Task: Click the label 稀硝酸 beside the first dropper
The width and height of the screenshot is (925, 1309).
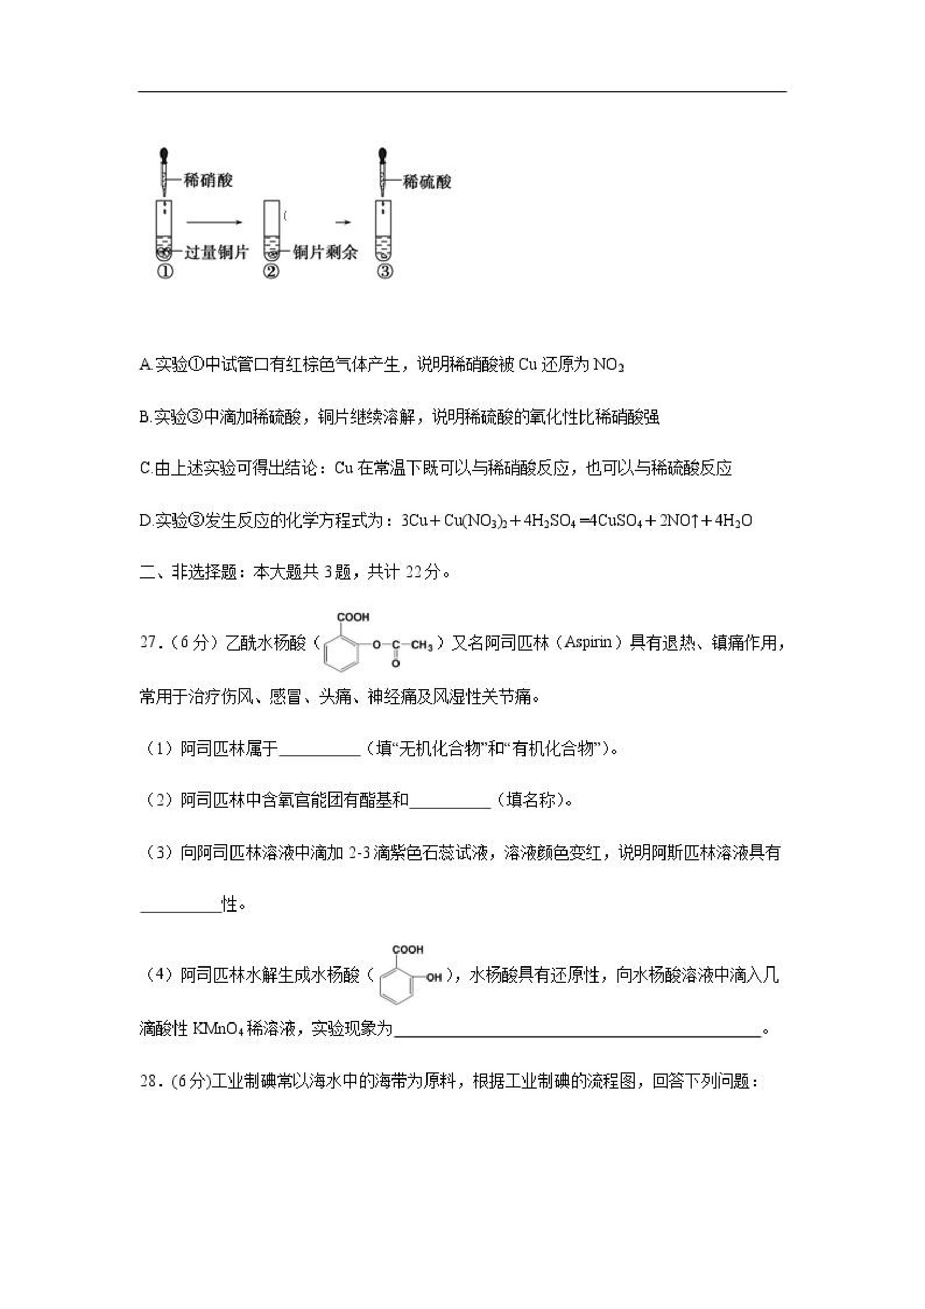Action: pyautogui.click(x=208, y=181)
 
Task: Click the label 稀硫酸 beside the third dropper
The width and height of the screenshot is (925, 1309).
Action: pyautogui.click(x=427, y=182)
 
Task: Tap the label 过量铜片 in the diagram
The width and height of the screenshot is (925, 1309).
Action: pyautogui.click(x=216, y=252)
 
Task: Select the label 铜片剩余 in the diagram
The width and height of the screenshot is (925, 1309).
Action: pyautogui.click(x=325, y=252)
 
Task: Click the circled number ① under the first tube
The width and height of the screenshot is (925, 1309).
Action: pyautogui.click(x=165, y=272)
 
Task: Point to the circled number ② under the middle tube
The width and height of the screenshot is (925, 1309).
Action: pyautogui.click(x=271, y=272)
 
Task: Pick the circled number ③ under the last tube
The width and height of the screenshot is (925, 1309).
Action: pyautogui.click(x=385, y=272)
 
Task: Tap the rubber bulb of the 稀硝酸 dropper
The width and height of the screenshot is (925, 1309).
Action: pyautogui.click(x=165, y=154)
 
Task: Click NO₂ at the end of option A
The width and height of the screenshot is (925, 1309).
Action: pyautogui.click(x=608, y=365)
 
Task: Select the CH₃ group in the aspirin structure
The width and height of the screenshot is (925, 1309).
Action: pyautogui.click(x=422, y=646)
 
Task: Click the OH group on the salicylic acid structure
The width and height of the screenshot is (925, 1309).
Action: pyautogui.click(x=435, y=977)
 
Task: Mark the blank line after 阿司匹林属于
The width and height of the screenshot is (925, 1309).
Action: pyautogui.click(x=319, y=750)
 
